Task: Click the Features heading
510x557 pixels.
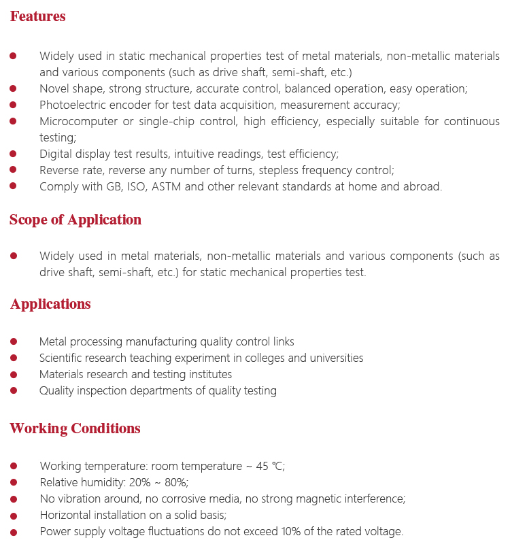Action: tap(38, 16)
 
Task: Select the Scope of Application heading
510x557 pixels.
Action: tap(75, 220)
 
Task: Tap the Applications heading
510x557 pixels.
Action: tap(50, 304)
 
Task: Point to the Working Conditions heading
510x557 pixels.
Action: tap(75, 428)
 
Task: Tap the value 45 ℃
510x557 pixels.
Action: tap(270, 466)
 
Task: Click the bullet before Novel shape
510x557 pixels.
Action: tap(14, 88)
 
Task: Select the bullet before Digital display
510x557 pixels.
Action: tap(14, 154)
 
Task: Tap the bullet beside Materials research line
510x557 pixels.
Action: tap(14, 374)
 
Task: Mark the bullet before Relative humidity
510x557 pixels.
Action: tap(14, 482)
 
